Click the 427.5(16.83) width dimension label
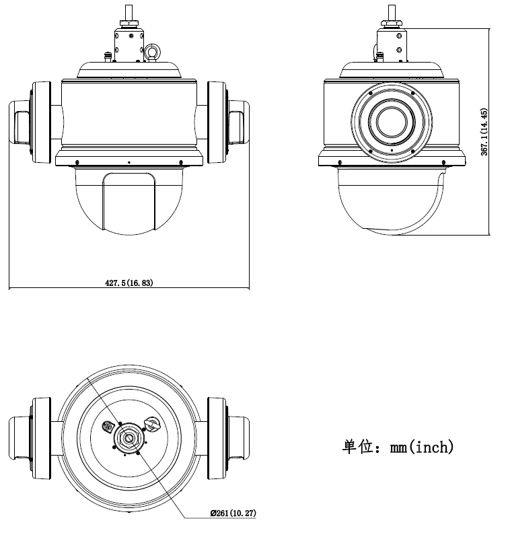coord(129,283)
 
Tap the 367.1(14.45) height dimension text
coord(484,132)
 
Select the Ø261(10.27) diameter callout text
coord(233,513)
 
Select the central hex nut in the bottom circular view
coord(126,437)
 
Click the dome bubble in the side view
coord(390,202)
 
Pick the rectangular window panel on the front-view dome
coord(129,202)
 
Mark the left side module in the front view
coord(32,122)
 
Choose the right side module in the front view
coord(227,122)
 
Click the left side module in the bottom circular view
coord(32,437)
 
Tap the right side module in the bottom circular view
coord(227,437)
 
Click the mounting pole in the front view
coord(128,12)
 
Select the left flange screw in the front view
coord(79,162)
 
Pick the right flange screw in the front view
coord(180,162)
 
